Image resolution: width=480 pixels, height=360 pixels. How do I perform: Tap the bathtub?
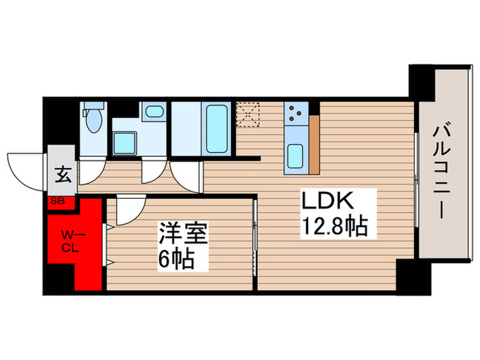click(218, 128)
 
